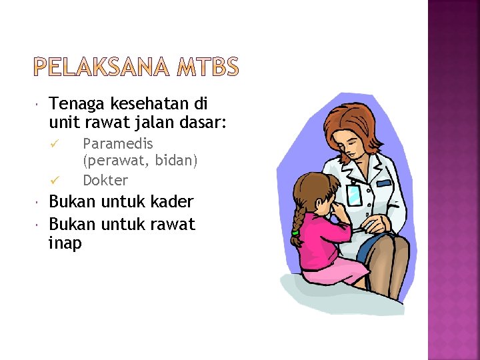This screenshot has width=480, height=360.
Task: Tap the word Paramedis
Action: (x=117, y=143)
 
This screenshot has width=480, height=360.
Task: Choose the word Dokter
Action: (x=105, y=180)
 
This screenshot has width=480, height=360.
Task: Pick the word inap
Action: (x=65, y=244)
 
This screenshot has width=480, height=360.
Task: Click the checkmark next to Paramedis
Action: (x=56, y=144)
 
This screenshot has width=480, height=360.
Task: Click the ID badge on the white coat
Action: (x=355, y=195)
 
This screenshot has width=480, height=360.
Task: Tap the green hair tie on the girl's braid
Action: (x=295, y=233)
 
